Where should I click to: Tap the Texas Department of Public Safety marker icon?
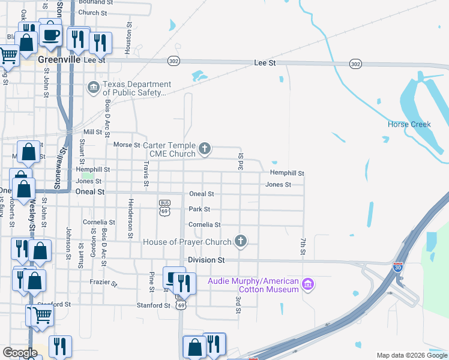[x=93, y=88]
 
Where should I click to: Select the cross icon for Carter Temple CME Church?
[x=205, y=148]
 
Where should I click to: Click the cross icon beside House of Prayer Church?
[x=240, y=241]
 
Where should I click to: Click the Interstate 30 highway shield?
[x=398, y=267]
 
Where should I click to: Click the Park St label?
[x=199, y=209]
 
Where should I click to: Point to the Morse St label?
[x=127, y=145]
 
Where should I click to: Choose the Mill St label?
[x=93, y=132]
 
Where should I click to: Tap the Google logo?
[x=20, y=353]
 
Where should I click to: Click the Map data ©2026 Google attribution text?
[x=411, y=355]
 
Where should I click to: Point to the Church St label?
[x=92, y=13]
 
